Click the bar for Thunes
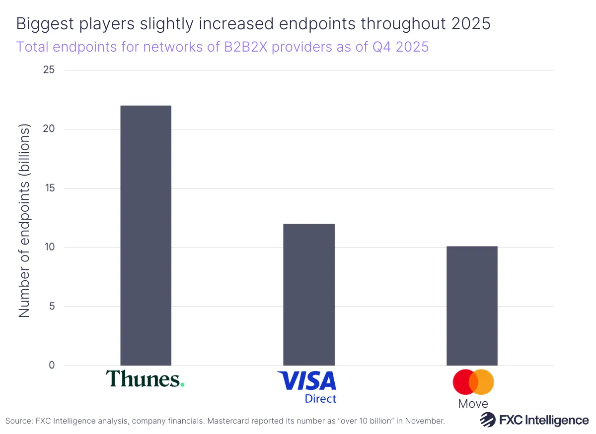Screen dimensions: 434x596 tap(146, 236)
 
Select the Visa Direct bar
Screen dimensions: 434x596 tap(308, 295)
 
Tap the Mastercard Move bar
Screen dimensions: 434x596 tap(472, 306)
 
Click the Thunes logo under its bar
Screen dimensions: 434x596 tap(145, 379)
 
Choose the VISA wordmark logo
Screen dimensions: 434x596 tap(306, 381)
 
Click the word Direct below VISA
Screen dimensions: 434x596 tap(320, 399)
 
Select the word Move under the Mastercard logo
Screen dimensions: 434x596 tap(473, 404)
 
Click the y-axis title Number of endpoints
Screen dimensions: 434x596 tap(24, 221)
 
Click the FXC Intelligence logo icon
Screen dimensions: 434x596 tap(488, 420)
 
